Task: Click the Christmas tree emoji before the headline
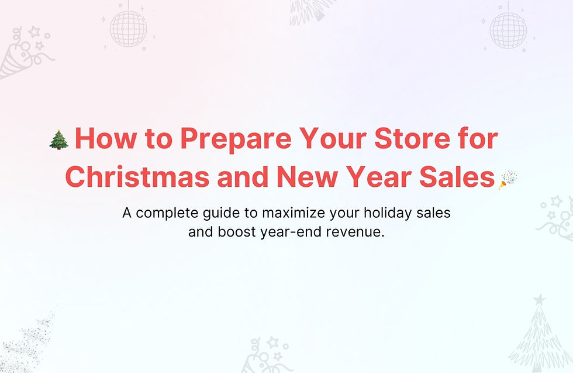pos(59,140)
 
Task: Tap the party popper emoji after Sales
pos(506,179)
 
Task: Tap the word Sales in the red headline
pos(462,177)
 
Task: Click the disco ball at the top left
pos(128,28)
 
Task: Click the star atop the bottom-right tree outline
pos(539,300)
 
